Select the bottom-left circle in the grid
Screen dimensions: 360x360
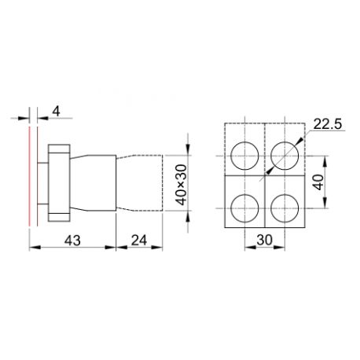(x=246, y=206)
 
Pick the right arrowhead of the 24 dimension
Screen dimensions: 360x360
(x=164, y=248)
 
